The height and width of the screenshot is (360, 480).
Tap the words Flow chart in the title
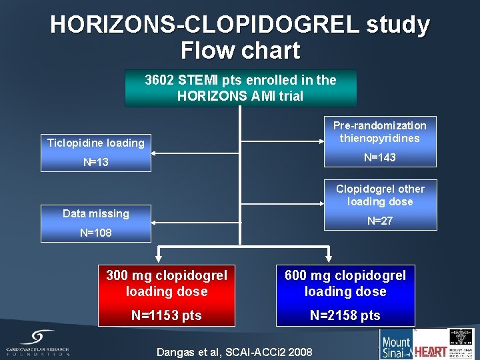[x=240, y=50]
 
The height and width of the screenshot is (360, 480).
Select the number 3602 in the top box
[x=160, y=81]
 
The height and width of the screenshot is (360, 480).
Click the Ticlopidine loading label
[x=96, y=143]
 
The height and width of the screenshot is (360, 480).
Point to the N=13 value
[x=96, y=162]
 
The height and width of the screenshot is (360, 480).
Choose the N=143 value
[x=380, y=158]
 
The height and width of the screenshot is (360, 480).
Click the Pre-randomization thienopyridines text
[x=380, y=132]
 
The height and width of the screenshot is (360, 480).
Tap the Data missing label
[x=96, y=213]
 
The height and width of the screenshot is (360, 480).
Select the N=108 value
[x=96, y=233]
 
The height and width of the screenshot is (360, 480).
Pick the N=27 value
[x=380, y=221]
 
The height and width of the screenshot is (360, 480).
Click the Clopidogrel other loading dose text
[x=380, y=195]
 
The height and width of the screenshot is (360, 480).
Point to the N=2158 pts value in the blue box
[x=345, y=315]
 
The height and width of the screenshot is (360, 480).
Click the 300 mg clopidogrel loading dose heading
[x=167, y=283]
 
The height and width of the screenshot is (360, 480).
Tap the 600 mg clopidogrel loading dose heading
[x=345, y=283]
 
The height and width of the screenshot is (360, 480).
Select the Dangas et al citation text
[x=233, y=351]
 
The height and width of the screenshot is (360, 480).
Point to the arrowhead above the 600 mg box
[x=329, y=257]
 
